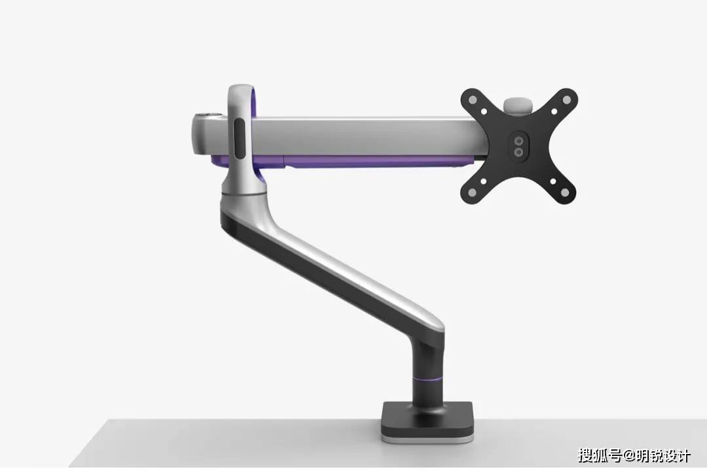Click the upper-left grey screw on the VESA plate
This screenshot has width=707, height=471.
472,99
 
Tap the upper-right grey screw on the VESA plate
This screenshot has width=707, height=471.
566,99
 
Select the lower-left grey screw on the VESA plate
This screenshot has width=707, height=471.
472,193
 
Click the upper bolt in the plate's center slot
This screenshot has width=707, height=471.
519,141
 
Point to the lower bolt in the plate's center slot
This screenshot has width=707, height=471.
519,152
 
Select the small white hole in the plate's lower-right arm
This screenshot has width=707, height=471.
553,182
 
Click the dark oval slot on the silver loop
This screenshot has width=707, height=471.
240,139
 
